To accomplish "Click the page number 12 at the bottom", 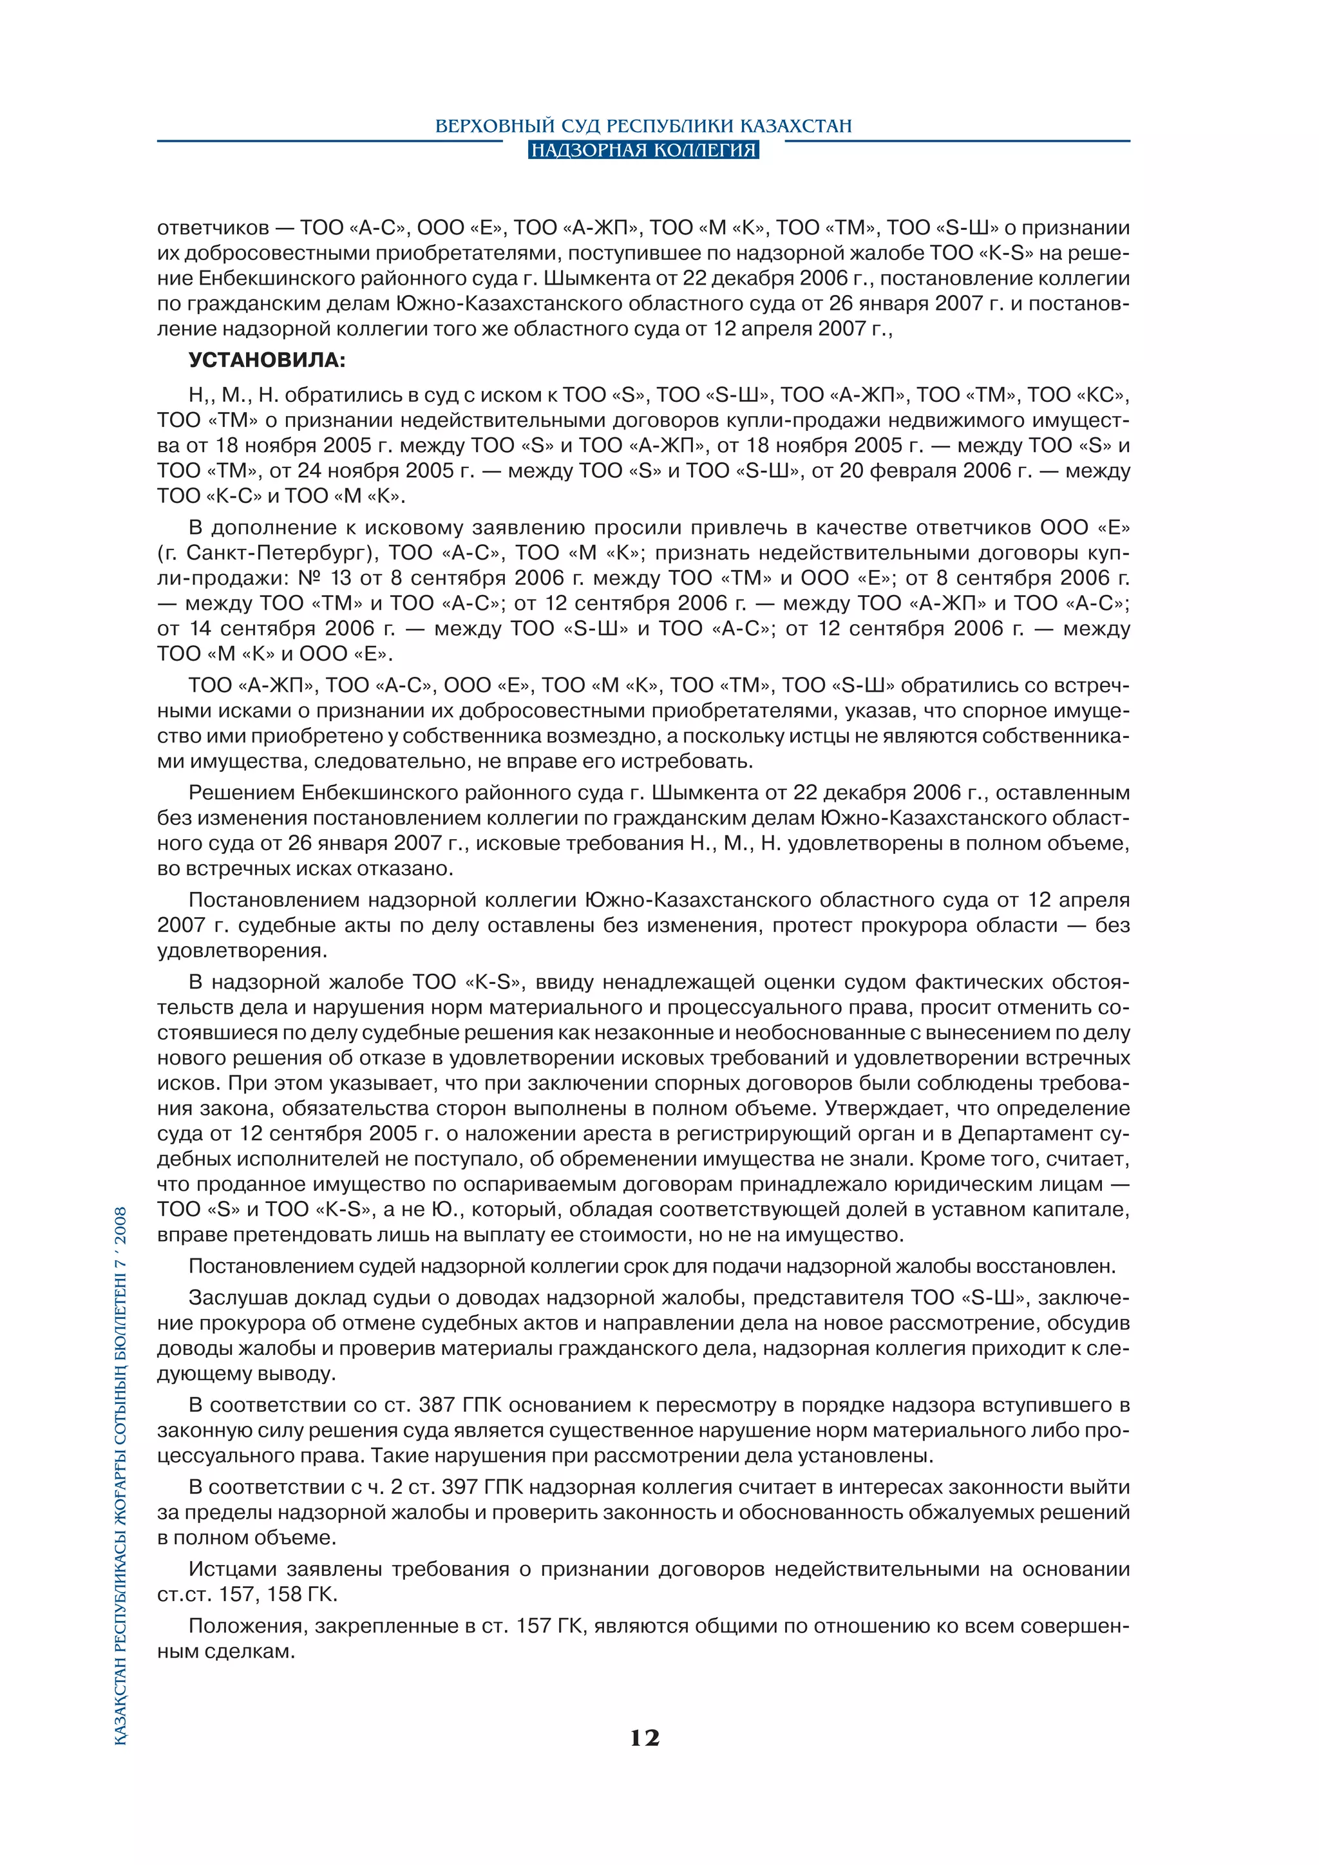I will point(644,1737).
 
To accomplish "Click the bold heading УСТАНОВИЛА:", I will point(267,361).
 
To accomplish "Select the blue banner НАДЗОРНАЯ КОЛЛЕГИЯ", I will point(643,150).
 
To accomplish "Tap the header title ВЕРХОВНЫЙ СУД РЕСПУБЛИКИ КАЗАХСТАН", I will point(643,126).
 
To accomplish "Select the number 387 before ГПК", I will point(438,1405).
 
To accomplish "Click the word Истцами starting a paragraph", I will point(233,1569).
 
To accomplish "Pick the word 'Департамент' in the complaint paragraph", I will point(1030,1134).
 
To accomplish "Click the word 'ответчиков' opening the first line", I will point(213,228).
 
